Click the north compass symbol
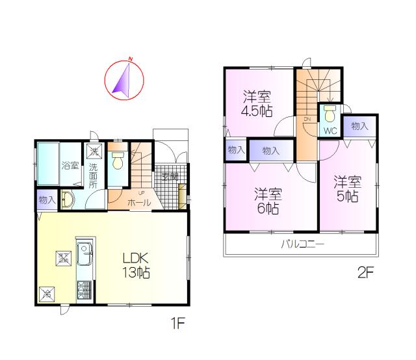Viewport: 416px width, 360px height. click(123, 79)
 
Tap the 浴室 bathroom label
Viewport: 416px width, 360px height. click(70, 166)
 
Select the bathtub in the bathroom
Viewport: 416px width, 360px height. click(47, 165)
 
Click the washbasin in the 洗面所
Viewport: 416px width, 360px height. click(68, 200)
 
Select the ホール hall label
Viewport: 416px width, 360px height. click(139, 203)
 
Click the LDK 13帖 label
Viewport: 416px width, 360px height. click(137, 264)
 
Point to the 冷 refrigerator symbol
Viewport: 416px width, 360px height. click(47, 294)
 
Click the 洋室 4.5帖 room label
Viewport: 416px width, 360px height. click(257, 104)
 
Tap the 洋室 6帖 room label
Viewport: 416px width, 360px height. click(267, 201)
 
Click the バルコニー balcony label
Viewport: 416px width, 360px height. click(302, 244)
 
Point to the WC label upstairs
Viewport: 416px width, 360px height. click(330, 130)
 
